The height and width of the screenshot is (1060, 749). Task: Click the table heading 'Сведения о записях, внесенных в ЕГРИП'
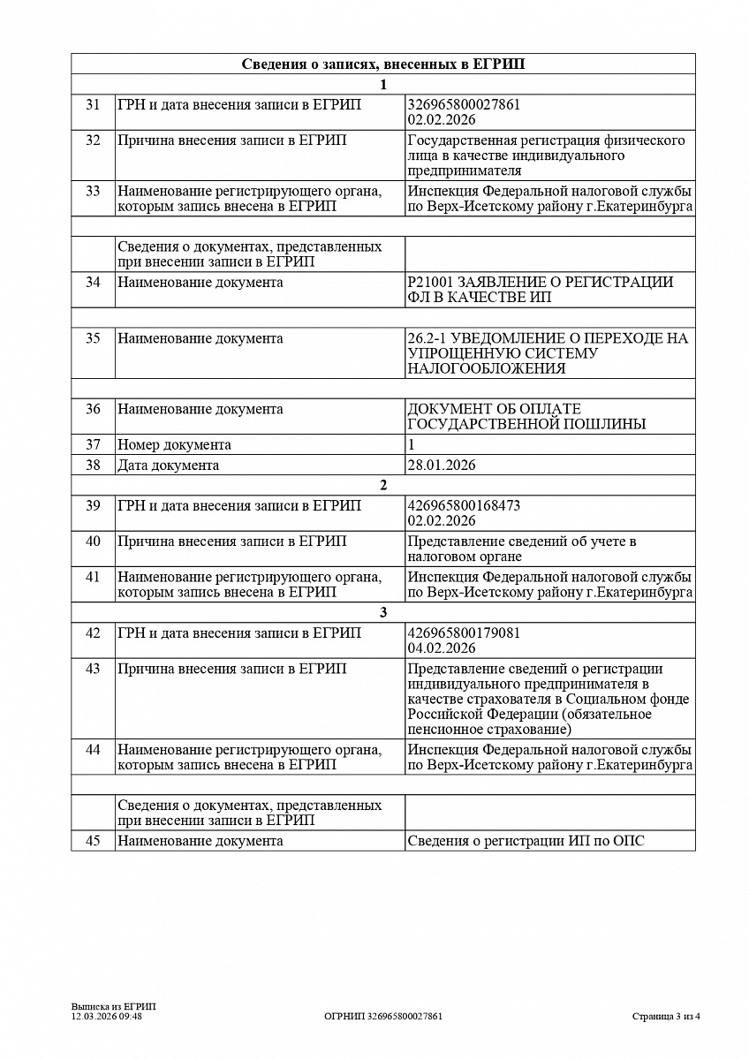click(382, 64)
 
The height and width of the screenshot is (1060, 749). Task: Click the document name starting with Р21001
click(541, 289)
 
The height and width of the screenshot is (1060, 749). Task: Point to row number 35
click(93, 338)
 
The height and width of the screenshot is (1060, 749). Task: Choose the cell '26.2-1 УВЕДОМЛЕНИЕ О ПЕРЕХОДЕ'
click(548, 353)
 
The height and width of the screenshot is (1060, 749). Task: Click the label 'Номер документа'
click(175, 445)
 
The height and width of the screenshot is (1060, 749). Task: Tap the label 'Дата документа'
click(169, 466)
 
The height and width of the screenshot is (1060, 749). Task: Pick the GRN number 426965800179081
click(464, 633)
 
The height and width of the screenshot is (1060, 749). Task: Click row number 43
click(93, 669)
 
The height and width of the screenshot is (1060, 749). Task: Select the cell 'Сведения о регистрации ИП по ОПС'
click(526, 841)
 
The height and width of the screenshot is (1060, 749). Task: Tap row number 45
click(93, 841)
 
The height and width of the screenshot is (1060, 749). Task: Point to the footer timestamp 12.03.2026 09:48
click(107, 1016)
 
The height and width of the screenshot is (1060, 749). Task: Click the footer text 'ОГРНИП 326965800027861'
click(383, 1016)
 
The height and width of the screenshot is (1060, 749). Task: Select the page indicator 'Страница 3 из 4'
click(666, 1016)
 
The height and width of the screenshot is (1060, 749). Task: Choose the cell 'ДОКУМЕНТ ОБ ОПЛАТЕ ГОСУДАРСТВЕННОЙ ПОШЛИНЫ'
click(526, 416)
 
